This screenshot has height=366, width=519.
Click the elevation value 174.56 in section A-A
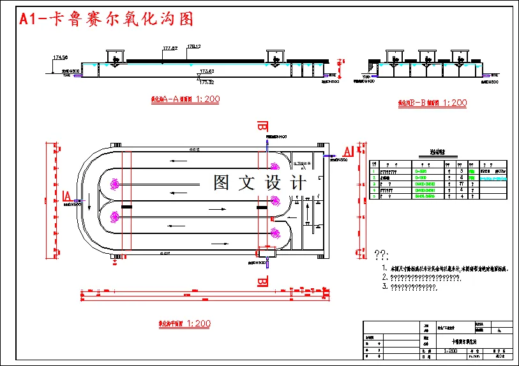click(60, 58)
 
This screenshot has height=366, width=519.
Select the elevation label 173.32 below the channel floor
click(206, 82)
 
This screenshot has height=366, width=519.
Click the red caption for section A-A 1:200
click(184, 99)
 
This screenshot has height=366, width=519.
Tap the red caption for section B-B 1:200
click(432, 102)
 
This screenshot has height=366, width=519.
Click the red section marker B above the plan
click(261, 125)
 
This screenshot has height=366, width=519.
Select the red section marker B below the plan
click(261, 282)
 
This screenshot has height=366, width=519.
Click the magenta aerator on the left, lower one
click(115, 217)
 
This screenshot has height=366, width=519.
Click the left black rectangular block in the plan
click(126, 207)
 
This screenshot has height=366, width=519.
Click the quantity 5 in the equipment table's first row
click(461, 170)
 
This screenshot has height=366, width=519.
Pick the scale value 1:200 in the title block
click(451, 350)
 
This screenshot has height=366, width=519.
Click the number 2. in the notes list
click(385, 278)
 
